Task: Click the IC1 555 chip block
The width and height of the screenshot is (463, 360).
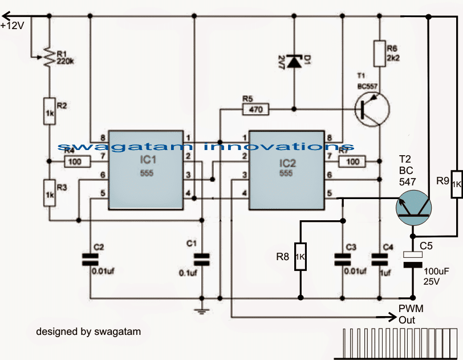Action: pos(146,165)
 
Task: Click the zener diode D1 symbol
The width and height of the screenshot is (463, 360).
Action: pos(294,62)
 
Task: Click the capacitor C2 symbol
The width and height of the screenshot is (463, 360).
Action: pos(87,259)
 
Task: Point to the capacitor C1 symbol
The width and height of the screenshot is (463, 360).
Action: pos(202,259)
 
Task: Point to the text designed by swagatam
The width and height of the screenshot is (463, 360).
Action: pos(88,331)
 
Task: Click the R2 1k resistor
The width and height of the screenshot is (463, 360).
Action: pos(49,110)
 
